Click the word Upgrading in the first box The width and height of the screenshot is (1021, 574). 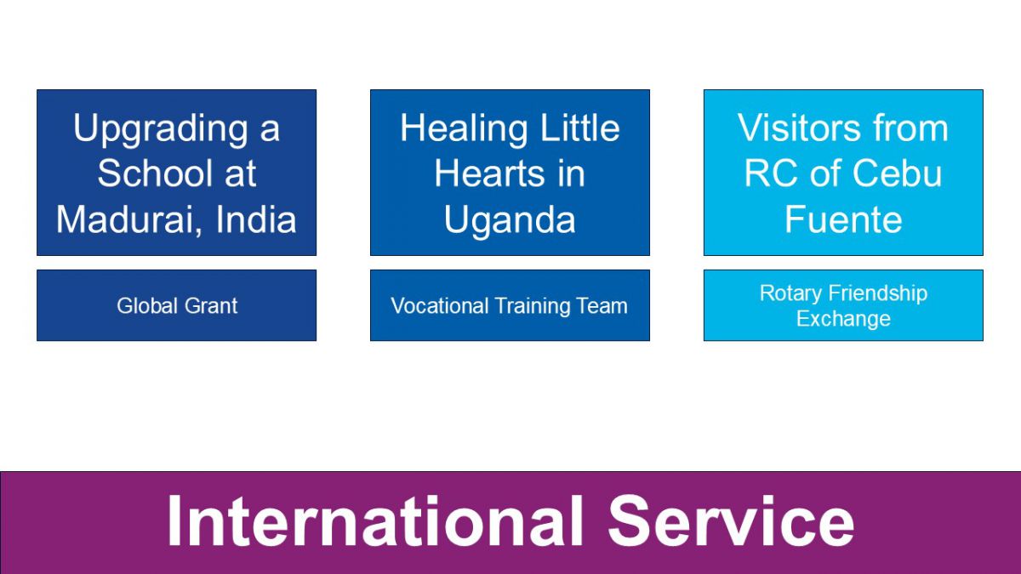(x=161, y=130)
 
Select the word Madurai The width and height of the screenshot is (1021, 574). (x=128, y=220)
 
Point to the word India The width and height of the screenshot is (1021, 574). (x=256, y=219)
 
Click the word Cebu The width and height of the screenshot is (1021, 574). (x=897, y=173)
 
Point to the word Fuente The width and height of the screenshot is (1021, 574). (x=843, y=219)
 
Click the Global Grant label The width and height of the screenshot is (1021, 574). (x=177, y=305)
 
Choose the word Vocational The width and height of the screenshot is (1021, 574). (x=439, y=305)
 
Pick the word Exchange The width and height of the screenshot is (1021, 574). (x=843, y=319)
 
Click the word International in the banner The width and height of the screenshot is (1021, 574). (x=374, y=521)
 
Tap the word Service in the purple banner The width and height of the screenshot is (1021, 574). (x=731, y=521)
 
